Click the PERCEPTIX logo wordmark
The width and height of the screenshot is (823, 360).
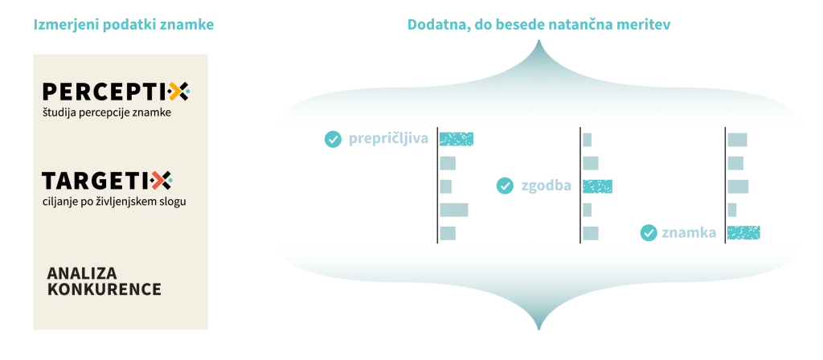[x=115, y=92]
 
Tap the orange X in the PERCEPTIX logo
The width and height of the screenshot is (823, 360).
[x=179, y=92]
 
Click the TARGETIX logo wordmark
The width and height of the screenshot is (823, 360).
[x=107, y=180]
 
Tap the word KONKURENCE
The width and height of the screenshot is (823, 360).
[x=104, y=288]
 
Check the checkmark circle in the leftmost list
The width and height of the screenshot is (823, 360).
[x=332, y=139]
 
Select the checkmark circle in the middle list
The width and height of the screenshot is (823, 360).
[x=505, y=186]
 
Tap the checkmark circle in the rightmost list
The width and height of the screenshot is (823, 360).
[x=649, y=233]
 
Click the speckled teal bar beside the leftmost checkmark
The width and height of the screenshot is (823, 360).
[x=457, y=138]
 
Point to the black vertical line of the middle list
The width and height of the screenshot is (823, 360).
[x=581, y=185]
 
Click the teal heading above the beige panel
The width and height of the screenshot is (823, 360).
[x=125, y=25]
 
